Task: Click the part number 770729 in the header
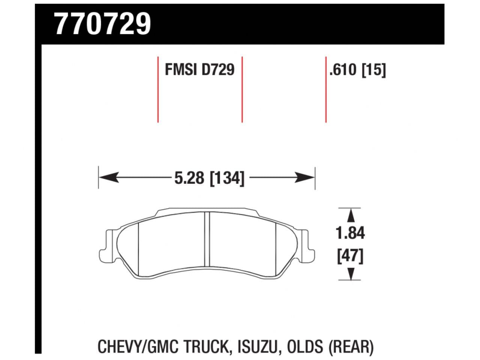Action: click(102, 24)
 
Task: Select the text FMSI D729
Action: click(199, 70)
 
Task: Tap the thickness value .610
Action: click(343, 70)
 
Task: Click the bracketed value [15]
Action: click(373, 70)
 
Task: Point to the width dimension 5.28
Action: click(190, 178)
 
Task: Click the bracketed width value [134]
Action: click(227, 178)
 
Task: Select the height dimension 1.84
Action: click(350, 233)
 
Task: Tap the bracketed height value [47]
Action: click(350, 257)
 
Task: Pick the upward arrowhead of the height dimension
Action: click(350, 215)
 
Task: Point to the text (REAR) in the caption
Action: click(351, 346)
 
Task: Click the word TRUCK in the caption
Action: click(204, 346)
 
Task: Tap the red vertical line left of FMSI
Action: click(158, 89)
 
